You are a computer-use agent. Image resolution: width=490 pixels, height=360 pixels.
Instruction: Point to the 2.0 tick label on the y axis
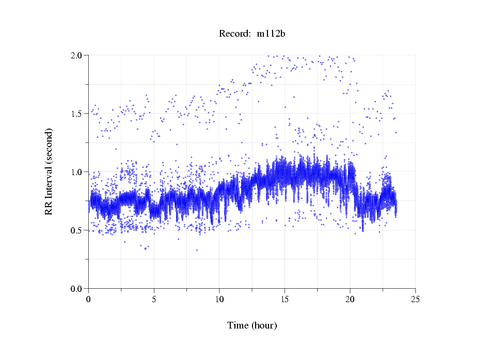(78, 55)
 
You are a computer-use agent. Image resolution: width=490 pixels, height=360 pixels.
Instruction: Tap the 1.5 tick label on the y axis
(78, 114)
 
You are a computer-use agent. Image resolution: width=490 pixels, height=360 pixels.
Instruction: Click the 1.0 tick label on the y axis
(78, 172)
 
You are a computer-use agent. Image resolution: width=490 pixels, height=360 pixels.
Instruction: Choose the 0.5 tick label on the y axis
(78, 230)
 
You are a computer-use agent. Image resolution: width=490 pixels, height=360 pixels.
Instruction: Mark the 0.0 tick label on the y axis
(78, 289)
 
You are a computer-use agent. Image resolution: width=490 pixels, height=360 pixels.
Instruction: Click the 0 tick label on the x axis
(88, 299)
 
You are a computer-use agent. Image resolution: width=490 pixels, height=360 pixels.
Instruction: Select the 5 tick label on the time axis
(154, 299)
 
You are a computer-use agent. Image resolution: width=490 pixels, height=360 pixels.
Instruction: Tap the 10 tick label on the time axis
(219, 299)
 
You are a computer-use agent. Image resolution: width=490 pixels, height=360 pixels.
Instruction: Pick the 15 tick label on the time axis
(284, 299)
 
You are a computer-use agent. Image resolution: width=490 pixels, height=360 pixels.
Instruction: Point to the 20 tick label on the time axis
(350, 299)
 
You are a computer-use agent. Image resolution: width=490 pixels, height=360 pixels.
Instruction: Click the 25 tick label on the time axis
(415, 299)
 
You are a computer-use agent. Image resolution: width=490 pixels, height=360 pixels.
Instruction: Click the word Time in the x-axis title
(238, 325)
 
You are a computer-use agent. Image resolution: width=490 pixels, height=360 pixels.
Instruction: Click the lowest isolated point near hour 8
(197, 250)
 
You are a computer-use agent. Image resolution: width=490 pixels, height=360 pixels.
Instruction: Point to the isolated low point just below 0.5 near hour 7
(179, 239)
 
